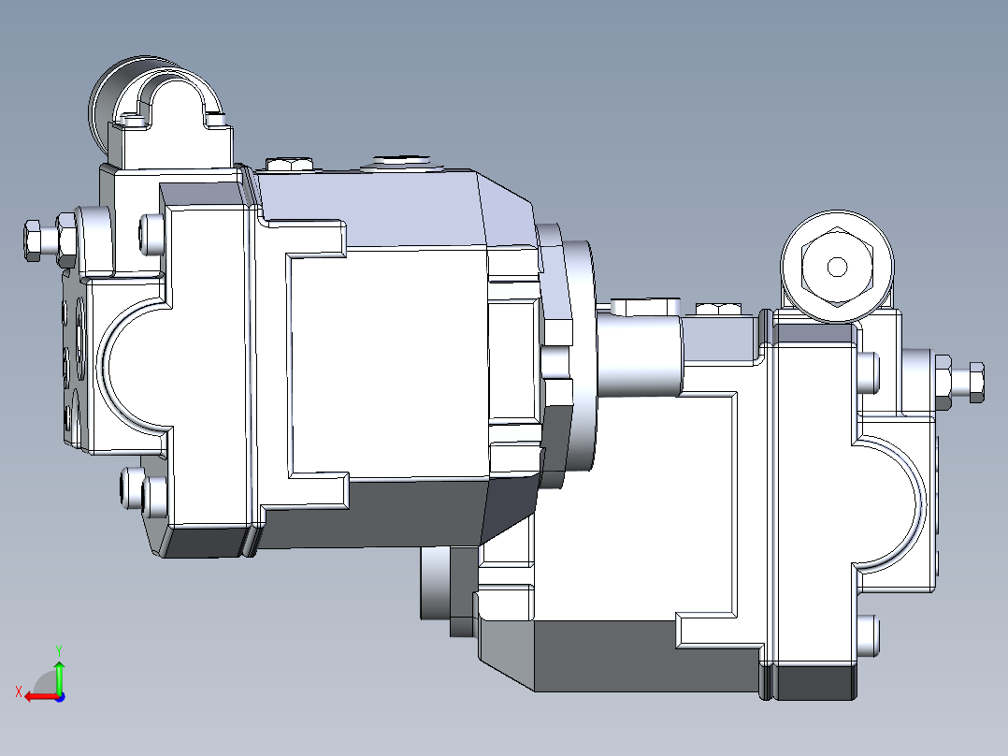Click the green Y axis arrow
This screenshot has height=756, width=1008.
59,673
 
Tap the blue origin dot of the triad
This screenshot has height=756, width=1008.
59,696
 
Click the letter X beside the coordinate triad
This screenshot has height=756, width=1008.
18,691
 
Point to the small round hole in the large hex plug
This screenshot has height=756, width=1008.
837,268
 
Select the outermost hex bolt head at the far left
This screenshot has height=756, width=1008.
32,240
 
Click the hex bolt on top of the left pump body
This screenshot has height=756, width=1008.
289,165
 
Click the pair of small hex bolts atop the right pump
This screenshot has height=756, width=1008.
718,309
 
